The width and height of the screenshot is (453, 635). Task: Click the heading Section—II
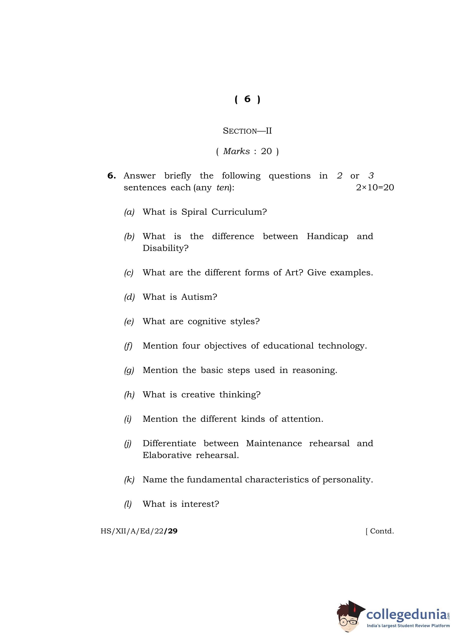(x=247, y=131)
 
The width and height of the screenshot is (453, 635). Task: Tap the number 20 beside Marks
(x=266, y=151)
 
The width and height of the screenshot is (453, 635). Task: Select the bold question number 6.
(x=111, y=176)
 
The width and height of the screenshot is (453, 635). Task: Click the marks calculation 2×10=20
(x=375, y=188)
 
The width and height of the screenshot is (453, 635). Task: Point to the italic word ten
(x=223, y=188)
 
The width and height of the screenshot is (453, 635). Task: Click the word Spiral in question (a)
(x=194, y=212)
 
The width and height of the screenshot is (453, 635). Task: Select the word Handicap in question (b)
(x=327, y=237)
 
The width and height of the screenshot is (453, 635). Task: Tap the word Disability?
(x=165, y=248)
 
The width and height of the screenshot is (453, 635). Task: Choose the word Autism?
(x=199, y=297)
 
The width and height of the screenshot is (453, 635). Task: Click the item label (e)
(x=129, y=321)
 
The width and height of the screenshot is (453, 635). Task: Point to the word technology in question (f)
(x=342, y=346)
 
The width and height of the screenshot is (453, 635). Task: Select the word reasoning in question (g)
(x=314, y=370)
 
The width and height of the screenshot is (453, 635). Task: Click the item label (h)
(x=129, y=395)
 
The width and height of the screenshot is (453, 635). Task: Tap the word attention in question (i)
(x=302, y=419)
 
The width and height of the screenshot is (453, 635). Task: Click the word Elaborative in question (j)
(x=167, y=455)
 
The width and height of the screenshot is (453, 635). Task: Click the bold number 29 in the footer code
(x=171, y=531)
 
